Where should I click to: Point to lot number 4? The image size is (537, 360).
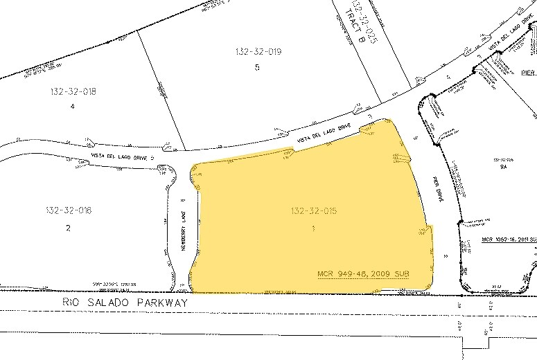pyautogui.click(x=72, y=106)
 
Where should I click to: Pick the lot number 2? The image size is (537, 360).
pyautogui.click(x=68, y=227)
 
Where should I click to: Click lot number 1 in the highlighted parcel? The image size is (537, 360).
pyautogui.click(x=313, y=228)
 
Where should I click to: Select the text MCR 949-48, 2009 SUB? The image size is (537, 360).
pyautogui.click(x=363, y=274)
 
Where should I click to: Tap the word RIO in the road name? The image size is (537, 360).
pyautogui.click(x=73, y=303)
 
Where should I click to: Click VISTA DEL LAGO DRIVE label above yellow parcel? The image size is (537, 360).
pyautogui.click(x=324, y=135)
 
